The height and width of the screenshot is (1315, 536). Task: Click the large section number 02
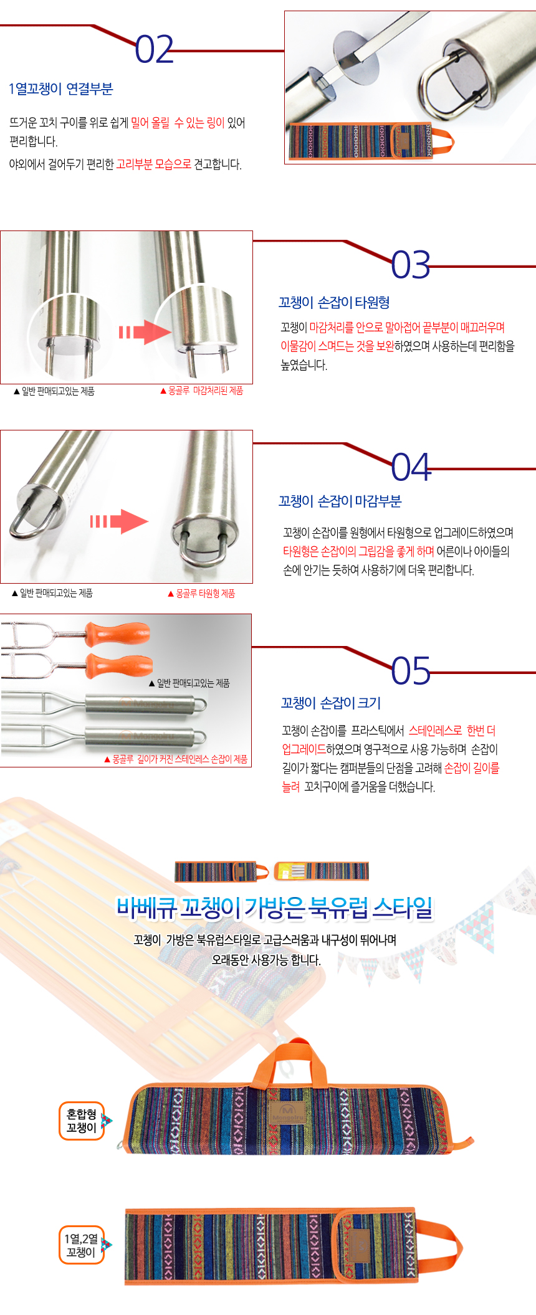click(154, 49)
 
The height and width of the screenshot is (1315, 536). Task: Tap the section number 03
click(411, 265)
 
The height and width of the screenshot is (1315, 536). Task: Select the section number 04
click(411, 467)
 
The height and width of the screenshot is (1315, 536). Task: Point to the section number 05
click(411, 670)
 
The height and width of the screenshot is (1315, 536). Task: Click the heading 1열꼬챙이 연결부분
click(60, 89)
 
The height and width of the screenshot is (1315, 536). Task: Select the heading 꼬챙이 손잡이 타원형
click(334, 302)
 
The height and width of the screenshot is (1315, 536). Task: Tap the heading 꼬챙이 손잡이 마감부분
click(340, 501)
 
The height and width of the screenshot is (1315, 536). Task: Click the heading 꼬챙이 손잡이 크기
click(330, 703)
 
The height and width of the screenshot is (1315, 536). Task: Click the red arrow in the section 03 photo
click(145, 332)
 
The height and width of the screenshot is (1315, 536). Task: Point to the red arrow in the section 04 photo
click(119, 521)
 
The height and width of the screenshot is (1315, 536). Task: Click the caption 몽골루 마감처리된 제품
click(201, 391)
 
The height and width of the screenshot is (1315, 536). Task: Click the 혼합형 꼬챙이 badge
click(82, 1121)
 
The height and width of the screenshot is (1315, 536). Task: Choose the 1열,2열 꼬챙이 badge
click(82, 1245)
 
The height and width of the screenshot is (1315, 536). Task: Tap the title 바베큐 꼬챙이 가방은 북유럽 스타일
click(274, 908)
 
